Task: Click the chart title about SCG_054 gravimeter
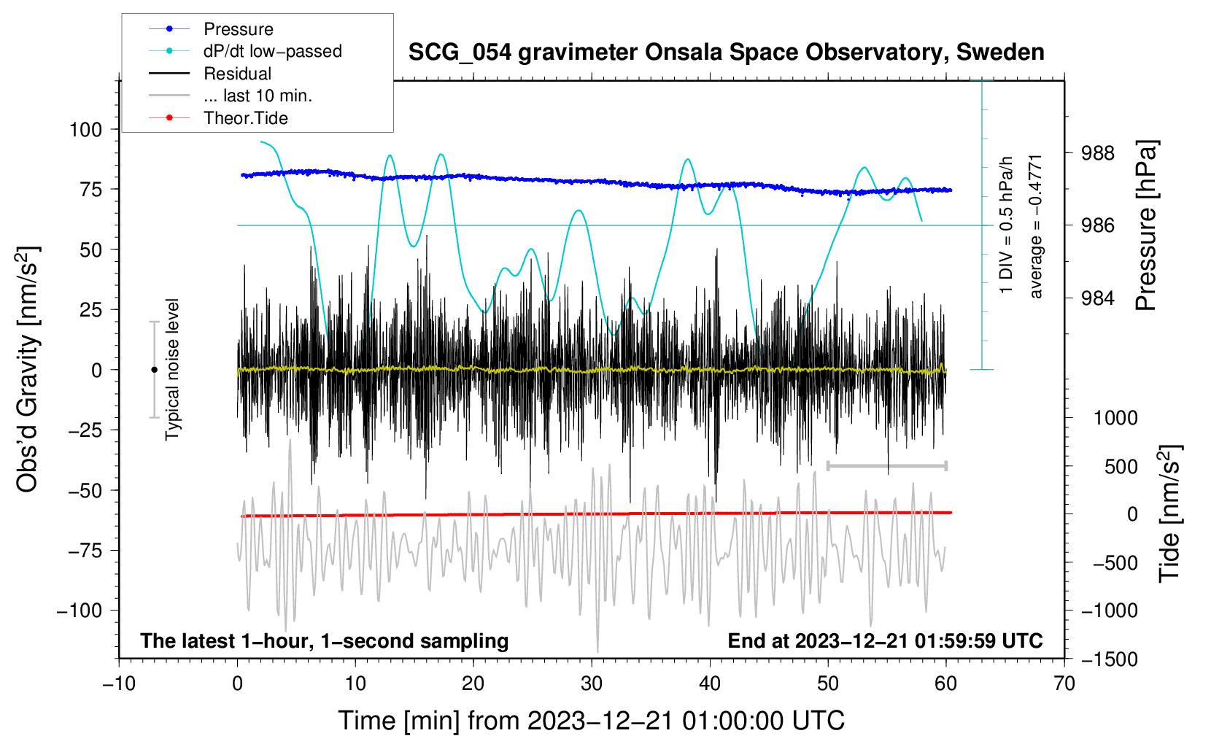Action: [726, 53]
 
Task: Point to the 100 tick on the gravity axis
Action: [85, 130]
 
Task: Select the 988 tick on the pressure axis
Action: [1098, 153]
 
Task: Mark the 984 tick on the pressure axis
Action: [1098, 298]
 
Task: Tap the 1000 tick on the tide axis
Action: [1115, 418]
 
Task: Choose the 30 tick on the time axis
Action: [592, 683]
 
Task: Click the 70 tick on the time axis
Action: [1064, 683]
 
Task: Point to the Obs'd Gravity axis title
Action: [27, 370]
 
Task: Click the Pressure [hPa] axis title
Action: [1147, 226]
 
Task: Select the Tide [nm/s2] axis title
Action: [1169, 514]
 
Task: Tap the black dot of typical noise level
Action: [154, 370]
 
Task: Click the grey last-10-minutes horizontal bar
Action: [886, 465]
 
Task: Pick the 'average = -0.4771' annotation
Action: [1036, 226]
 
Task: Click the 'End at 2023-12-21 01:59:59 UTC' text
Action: [885, 640]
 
